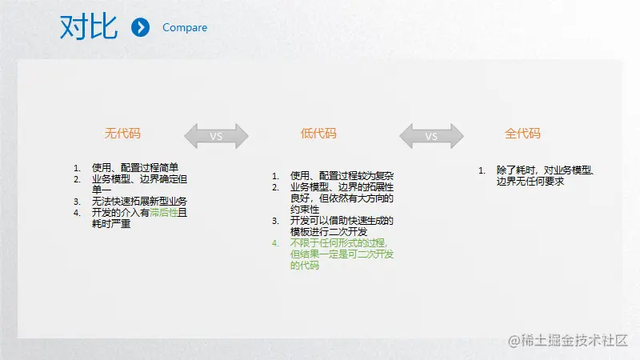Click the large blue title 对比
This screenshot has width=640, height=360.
coord(89,27)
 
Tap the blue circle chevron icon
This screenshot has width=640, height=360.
coord(141,27)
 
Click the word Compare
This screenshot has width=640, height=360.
coord(185,27)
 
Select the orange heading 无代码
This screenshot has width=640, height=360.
coord(122,134)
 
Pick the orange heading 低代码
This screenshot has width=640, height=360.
coord(318,134)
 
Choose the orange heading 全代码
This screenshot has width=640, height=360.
coord(522,134)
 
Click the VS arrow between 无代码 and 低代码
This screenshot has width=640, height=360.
coord(216,136)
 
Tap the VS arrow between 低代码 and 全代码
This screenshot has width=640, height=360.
coord(431,136)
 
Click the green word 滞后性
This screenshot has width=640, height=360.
coord(164,213)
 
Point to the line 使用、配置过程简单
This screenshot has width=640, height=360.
coord(135,168)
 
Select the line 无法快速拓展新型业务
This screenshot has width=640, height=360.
coord(139,202)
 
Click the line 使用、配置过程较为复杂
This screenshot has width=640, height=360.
coord(342,176)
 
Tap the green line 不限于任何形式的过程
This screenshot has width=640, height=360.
coord(338,243)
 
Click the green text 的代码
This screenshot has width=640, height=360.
coord(305,266)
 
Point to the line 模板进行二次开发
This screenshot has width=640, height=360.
coord(329,232)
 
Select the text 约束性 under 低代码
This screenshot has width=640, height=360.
coord(305,210)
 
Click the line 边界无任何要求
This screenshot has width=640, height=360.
coord(530,182)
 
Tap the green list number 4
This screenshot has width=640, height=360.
coord(275,243)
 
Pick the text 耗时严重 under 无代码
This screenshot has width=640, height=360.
coord(111,224)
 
